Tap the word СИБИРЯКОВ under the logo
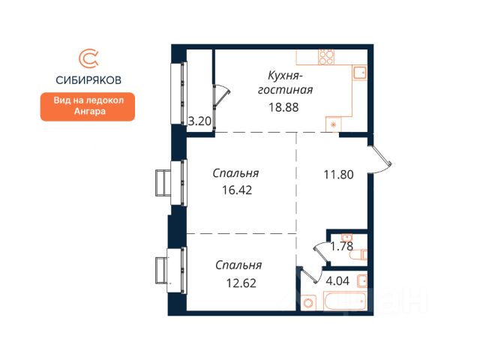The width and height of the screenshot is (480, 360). point(88,80)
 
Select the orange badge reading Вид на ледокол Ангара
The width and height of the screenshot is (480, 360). point(88,106)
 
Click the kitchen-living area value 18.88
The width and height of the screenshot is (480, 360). point(283,107)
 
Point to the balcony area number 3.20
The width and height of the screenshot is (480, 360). point(199,121)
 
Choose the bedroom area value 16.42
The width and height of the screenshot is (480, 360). point(237,190)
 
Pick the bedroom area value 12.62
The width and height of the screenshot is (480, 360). point(241,283)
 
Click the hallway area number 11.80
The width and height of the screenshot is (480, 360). point(338,175)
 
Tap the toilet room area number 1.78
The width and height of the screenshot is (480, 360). point(342,246)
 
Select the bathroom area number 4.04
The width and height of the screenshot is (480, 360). point(337,280)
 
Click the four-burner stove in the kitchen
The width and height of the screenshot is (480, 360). point(326,57)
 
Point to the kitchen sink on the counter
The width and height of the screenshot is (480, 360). point(360,73)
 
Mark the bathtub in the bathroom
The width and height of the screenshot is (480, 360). point(345,301)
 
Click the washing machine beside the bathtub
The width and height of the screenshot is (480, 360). point(308,303)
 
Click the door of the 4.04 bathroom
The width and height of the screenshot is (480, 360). point(310,274)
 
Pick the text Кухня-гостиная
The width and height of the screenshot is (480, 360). point(285,82)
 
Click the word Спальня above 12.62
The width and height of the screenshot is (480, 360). point(238,265)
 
